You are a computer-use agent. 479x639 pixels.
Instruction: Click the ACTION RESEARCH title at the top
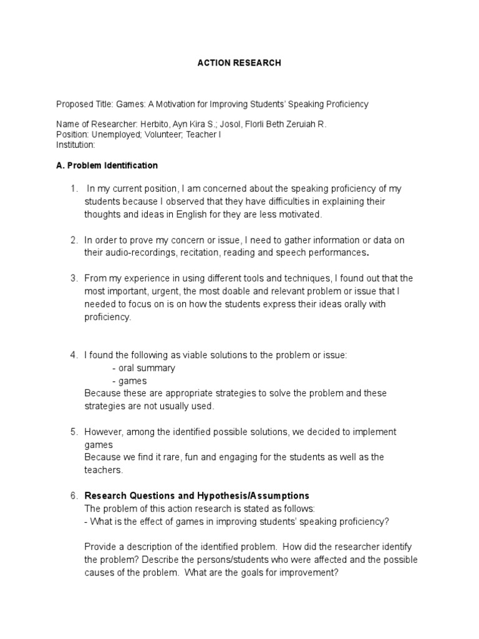coord(239,63)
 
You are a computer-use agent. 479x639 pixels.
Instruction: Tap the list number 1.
coord(74,188)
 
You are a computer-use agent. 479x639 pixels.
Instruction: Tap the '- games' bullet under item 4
coord(130,381)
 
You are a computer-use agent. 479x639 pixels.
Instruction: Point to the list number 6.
coord(74,495)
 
